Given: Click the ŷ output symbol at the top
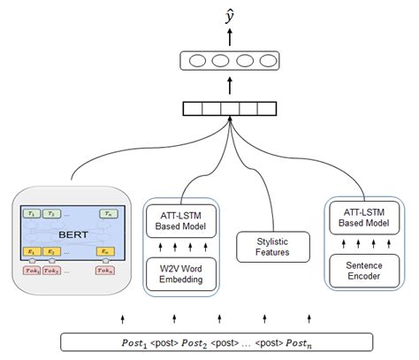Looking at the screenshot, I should [230, 12].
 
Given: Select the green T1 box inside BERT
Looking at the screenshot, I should [34, 214].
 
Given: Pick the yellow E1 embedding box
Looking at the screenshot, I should [34, 252].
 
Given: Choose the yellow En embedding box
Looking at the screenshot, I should [108, 252].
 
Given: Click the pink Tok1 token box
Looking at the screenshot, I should [34, 270].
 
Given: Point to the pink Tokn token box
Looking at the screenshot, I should [108, 270].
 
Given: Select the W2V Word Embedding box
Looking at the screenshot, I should [180, 272].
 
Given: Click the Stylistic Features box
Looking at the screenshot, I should [273, 246].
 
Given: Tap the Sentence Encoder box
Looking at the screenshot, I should [363, 268].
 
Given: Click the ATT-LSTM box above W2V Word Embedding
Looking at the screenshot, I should [180, 220].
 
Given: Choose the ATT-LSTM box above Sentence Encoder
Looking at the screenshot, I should [363, 218].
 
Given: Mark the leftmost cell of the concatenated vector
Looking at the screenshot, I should [191, 110].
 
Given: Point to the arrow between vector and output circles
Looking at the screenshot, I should [230, 86].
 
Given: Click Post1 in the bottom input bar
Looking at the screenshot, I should [139, 341].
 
